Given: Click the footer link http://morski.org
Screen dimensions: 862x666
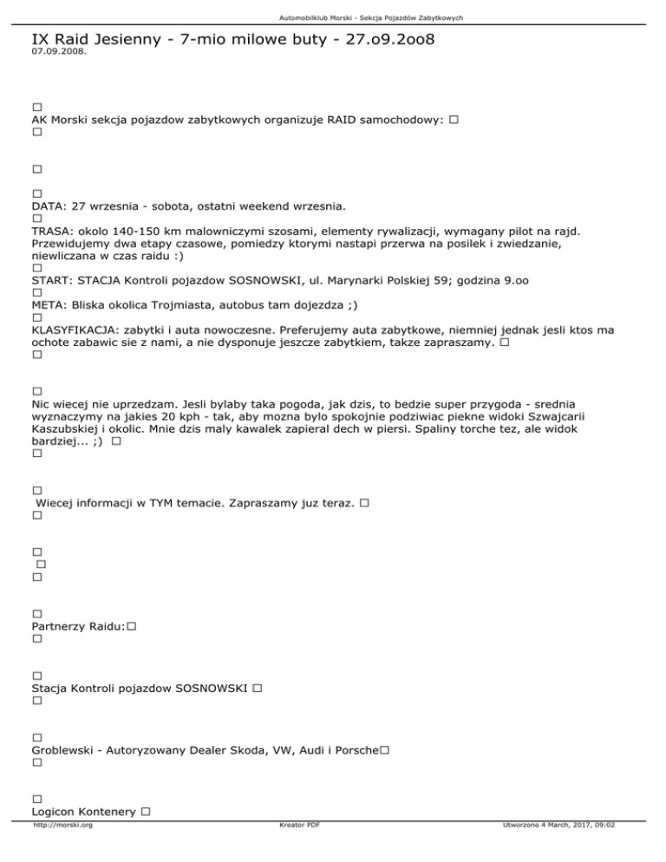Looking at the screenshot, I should coord(62,850).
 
